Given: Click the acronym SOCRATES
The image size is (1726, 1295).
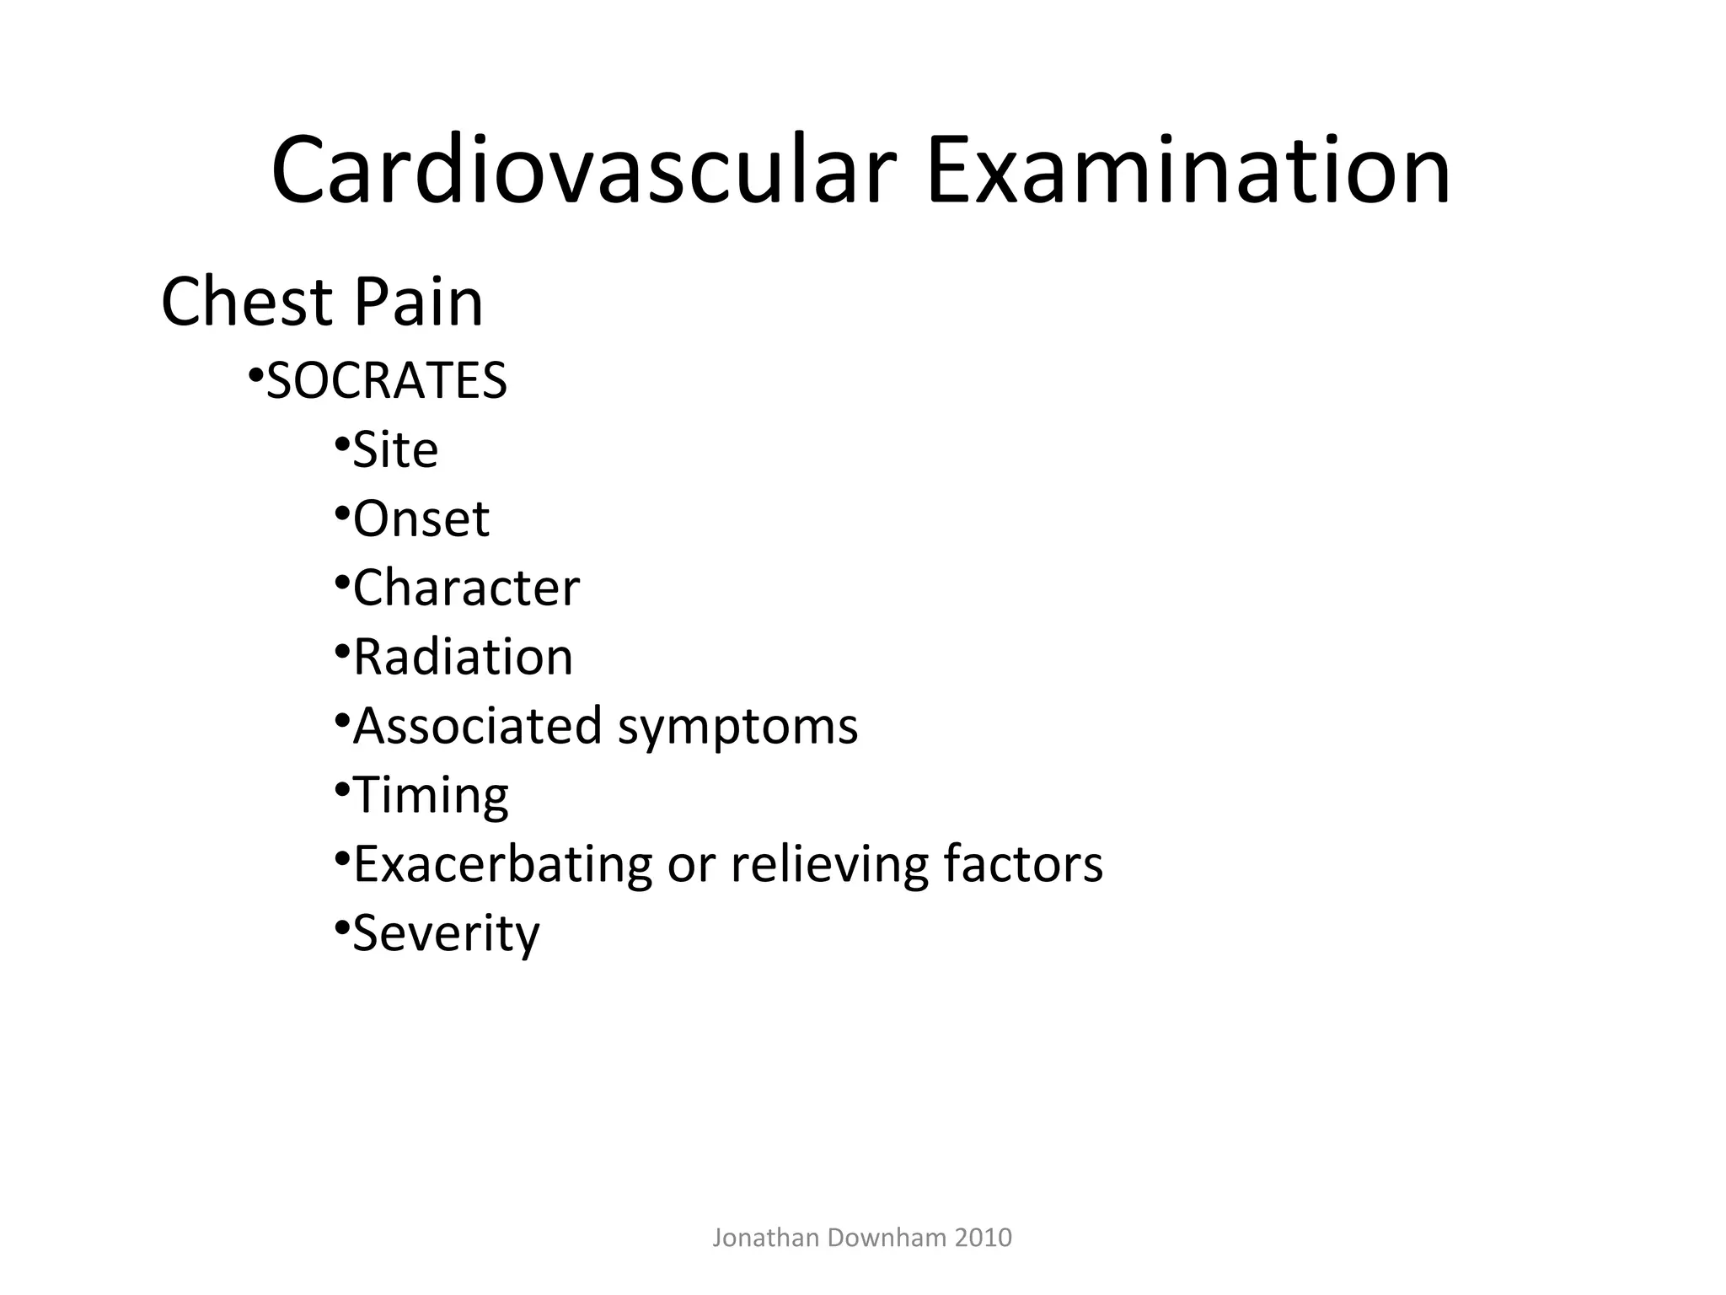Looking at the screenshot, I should (387, 381).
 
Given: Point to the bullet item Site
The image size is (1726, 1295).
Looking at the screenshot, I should (395, 450).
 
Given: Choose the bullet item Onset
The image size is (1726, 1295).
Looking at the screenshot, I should (421, 519).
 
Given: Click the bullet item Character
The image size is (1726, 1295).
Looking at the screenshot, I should (466, 588).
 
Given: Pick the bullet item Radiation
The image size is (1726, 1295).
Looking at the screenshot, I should (463, 657).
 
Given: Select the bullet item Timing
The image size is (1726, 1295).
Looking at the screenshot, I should (431, 796).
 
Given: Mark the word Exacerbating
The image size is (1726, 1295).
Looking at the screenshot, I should (503, 865).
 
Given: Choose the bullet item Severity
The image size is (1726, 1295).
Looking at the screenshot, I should (446, 934).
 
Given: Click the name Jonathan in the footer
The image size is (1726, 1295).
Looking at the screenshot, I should (765, 1238).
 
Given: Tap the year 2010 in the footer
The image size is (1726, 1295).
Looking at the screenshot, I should (984, 1238).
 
